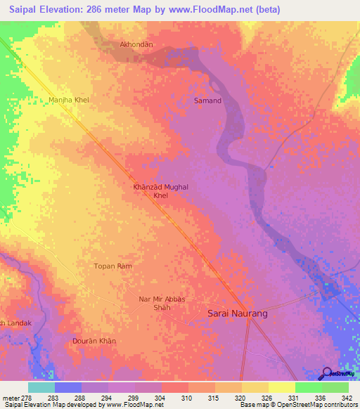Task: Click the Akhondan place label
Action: point(137,44)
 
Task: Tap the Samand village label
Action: point(207,100)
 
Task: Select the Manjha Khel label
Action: point(69,100)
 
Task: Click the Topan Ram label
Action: point(112,266)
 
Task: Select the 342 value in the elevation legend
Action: point(347,397)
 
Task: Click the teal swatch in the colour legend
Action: point(41,387)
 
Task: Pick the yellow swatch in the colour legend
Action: point(281,387)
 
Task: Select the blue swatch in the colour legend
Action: point(68,387)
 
